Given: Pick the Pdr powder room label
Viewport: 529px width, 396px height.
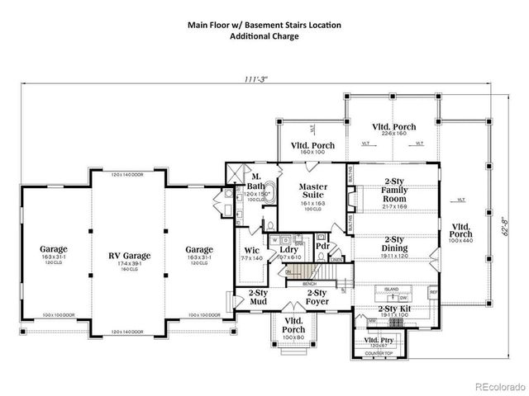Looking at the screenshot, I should (x=323, y=245).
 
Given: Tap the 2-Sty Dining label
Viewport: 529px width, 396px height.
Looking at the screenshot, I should (x=393, y=245).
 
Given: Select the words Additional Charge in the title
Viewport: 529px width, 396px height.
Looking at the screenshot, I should (x=264, y=37).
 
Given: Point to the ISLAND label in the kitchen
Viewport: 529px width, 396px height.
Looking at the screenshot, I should (x=391, y=289).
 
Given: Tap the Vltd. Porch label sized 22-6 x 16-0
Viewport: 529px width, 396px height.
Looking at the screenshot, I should (x=393, y=127).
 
